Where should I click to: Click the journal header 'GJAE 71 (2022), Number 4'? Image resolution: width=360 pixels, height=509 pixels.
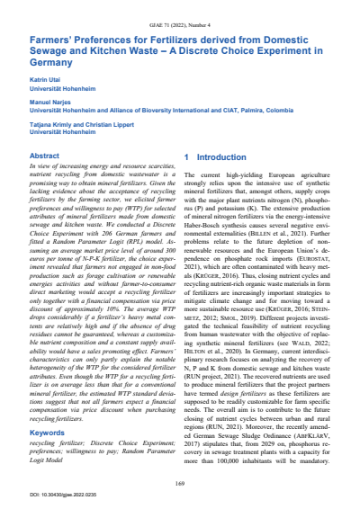180,15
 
